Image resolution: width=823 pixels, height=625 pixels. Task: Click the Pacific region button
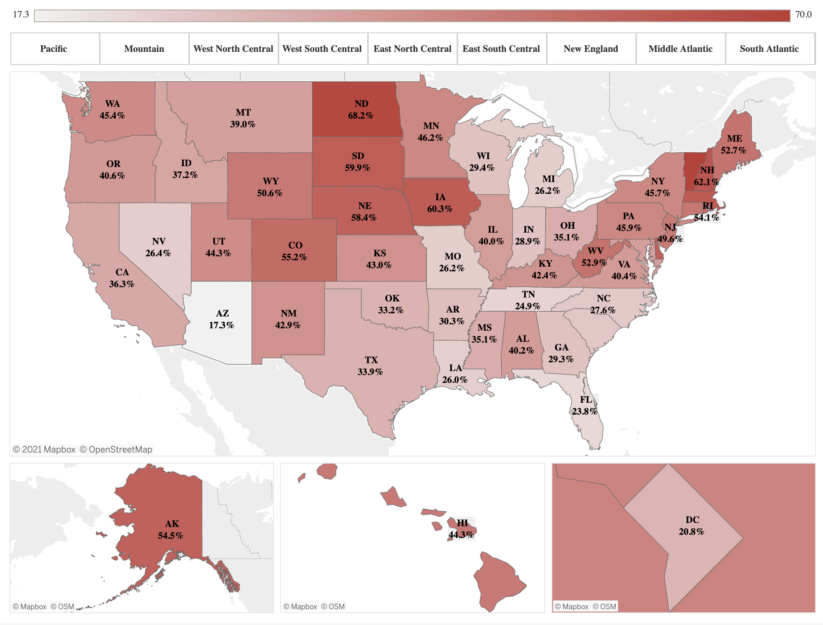pyautogui.click(x=54, y=49)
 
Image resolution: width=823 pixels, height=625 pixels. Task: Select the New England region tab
pyautogui.click(x=591, y=49)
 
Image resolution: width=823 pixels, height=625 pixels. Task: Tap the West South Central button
pyautogui.click(x=322, y=49)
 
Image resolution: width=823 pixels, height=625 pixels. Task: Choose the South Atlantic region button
pyautogui.click(x=769, y=49)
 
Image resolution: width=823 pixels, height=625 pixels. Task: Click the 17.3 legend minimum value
pyautogui.click(x=21, y=15)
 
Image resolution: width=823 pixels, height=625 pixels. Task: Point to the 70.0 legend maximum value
pyautogui.click(x=803, y=15)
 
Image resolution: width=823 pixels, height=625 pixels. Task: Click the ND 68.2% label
pyautogui.click(x=361, y=110)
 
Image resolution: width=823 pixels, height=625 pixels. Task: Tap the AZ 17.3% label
pyautogui.click(x=222, y=319)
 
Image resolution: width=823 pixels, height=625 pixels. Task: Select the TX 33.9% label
pyautogui.click(x=370, y=366)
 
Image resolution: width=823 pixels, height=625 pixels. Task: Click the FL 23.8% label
pyautogui.click(x=585, y=405)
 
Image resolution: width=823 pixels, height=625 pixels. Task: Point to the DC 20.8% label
pyautogui.click(x=692, y=526)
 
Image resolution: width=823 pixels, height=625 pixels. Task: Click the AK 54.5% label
pyautogui.click(x=171, y=530)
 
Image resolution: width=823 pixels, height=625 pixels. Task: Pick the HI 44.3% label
pyautogui.click(x=461, y=529)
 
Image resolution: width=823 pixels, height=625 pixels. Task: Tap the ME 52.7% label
pyautogui.click(x=734, y=144)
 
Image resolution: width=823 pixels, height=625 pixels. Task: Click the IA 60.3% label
pyautogui.click(x=440, y=203)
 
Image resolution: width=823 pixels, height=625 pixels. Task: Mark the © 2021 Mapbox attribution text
pyautogui.click(x=44, y=449)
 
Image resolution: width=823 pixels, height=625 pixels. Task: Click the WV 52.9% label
pyautogui.click(x=594, y=257)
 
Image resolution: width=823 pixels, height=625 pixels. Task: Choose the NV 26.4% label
pyautogui.click(x=158, y=247)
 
